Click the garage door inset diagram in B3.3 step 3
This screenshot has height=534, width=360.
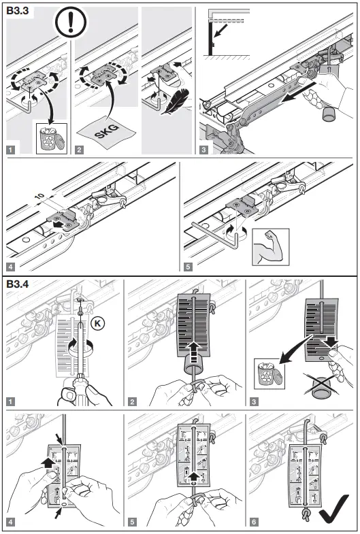coord(225,34)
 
